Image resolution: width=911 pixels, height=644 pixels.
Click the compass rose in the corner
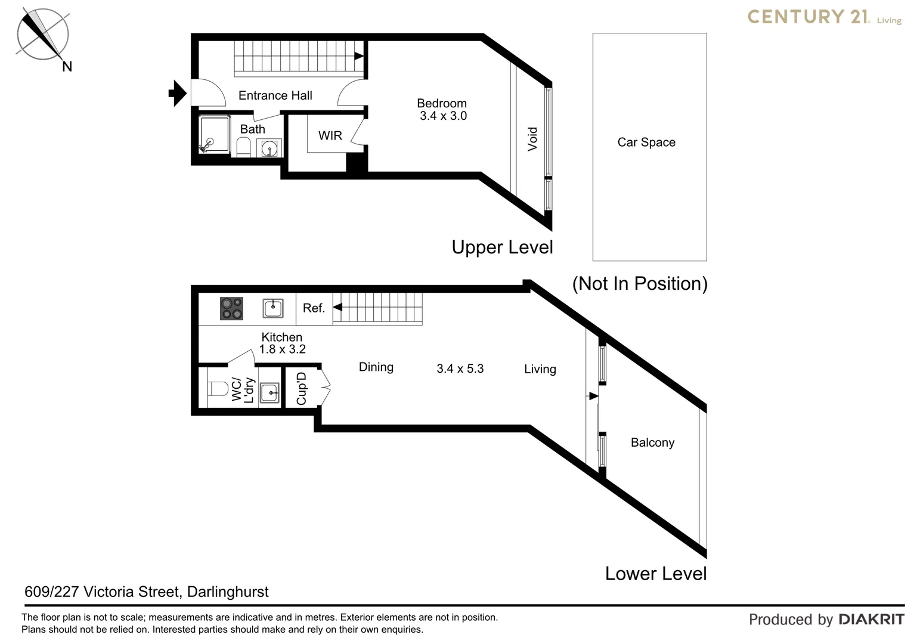[x=42, y=35]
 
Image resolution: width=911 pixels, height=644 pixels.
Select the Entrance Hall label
[x=275, y=95]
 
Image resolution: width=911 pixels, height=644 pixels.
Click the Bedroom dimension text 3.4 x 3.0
[x=443, y=116]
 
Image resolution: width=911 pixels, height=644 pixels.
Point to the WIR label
[x=330, y=136]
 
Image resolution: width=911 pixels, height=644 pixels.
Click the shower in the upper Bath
[x=214, y=135]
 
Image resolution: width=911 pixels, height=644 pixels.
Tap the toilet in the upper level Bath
[x=243, y=146]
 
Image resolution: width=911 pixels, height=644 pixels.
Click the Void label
[x=532, y=139]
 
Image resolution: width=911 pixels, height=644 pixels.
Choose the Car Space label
[x=646, y=143]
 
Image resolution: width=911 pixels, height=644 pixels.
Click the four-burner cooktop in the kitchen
[x=231, y=308]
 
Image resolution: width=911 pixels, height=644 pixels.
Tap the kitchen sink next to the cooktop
[x=272, y=308]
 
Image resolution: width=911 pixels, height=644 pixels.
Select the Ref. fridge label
[x=314, y=308]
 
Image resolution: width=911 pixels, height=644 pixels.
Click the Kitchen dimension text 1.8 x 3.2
[x=282, y=349]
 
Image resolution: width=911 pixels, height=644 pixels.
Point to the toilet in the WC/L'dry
[x=218, y=389]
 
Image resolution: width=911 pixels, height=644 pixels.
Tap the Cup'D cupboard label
[x=302, y=389]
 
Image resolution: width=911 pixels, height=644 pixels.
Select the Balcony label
[x=652, y=442]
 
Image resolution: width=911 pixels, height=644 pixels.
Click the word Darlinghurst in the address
[x=228, y=592]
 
